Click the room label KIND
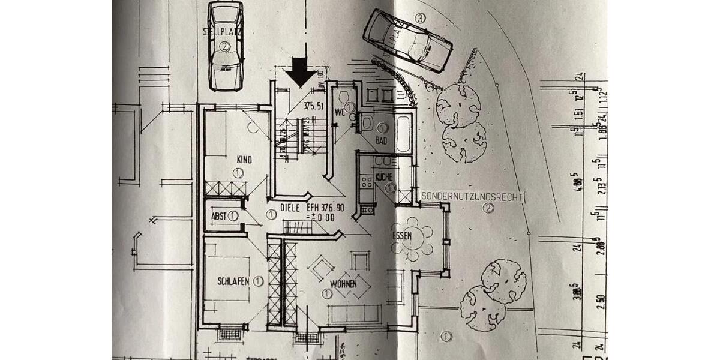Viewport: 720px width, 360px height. (x=244, y=160)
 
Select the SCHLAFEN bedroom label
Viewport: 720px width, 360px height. (x=233, y=281)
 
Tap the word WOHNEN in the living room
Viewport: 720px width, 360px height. (x=343, y=283)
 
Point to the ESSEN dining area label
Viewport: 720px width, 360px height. (x=402, y=236)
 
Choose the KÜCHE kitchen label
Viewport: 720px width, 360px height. (x=383, y=177)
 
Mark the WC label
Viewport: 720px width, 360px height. (x=340, y=112)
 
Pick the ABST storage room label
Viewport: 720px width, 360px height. (x=218, y=215)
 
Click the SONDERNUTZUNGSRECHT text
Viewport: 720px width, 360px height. (x=473, y=196)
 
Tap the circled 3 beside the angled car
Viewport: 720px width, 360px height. (x=420, y=19)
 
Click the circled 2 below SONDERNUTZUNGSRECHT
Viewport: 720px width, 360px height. (x=488, y=208)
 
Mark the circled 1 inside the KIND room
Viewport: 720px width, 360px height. (x=238, y=173)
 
